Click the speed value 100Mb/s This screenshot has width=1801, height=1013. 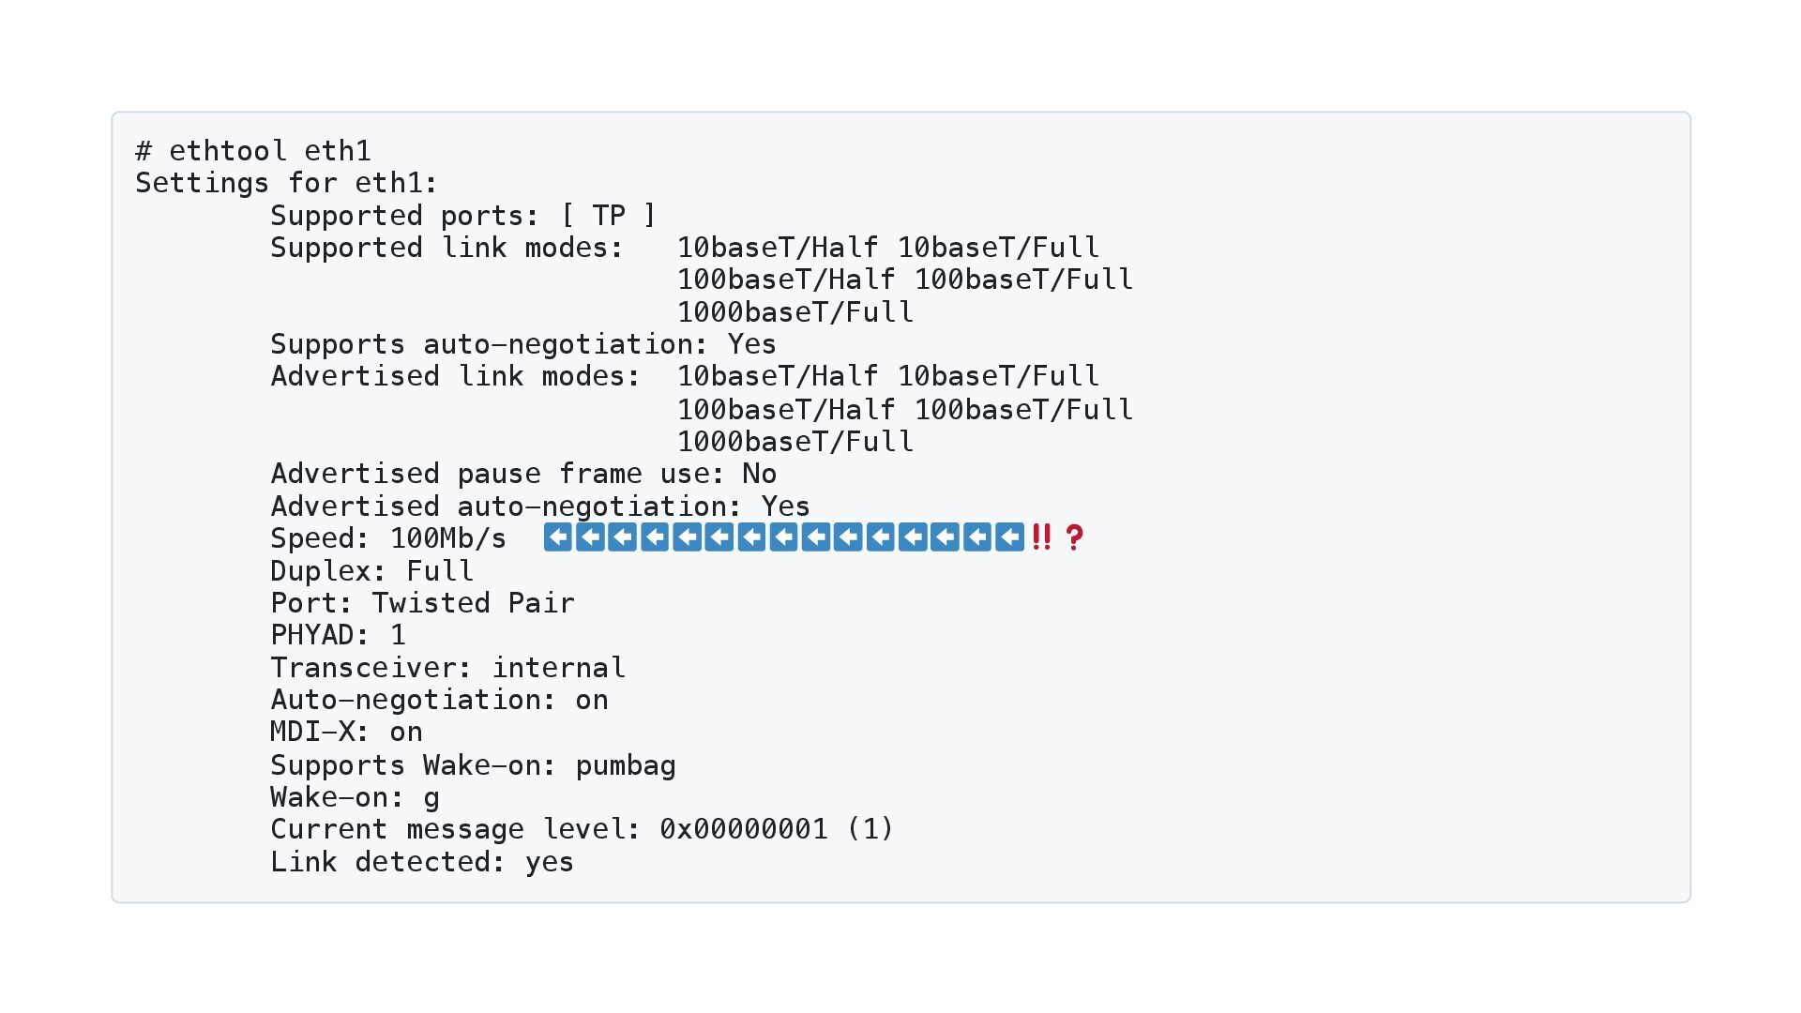coord(448,538)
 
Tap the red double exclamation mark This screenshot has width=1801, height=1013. coord(1041,537)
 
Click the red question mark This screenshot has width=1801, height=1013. coord(1074,537)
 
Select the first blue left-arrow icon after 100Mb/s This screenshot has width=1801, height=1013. coord(558,537)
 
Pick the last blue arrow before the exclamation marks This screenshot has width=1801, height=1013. coord(1009,537)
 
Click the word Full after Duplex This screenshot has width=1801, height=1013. coord(440,571)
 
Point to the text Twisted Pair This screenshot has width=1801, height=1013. coord(474,603)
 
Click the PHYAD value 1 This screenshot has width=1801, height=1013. coord(398,635)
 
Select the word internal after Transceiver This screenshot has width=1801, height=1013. coord(558,668)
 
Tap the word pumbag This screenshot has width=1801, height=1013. coord(626,765)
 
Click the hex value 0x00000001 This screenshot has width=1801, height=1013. coord(744,829)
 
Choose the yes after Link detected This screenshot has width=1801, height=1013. coord(550,862)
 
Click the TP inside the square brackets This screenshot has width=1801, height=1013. coord(609,216)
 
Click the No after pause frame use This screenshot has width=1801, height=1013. coord(760,474)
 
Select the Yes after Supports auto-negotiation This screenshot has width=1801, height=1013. coord(752,344)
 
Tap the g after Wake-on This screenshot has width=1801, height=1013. coord(431,798)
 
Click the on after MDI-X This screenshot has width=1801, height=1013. coord(406,733)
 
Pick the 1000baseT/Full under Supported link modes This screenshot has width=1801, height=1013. coord(795,312)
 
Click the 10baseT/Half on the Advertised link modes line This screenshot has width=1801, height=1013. coord(778,376)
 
